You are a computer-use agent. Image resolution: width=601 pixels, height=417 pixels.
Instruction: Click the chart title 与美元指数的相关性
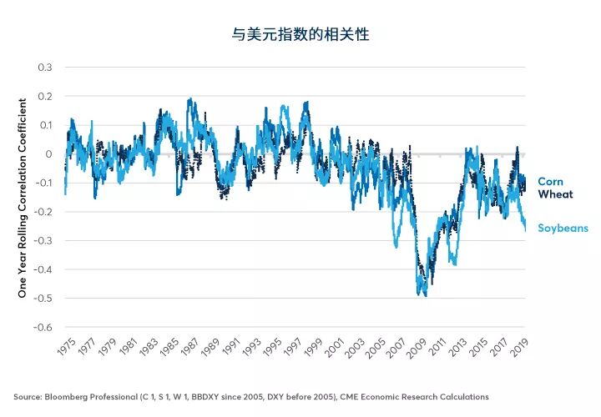click(x=300, y=35)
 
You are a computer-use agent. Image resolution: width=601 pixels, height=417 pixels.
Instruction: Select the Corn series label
click(x=551, y=181)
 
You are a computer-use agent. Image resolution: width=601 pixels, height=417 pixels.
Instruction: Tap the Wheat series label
click(x=555, y=194)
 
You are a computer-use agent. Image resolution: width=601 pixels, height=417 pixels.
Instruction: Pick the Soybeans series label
click(x=563, y=228)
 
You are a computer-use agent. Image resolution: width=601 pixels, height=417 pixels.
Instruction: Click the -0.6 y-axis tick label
click(x=43, y=328)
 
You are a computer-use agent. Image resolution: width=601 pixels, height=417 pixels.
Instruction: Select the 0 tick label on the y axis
click(x=49, y=154)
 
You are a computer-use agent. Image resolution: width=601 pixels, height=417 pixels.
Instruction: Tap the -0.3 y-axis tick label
click(x=43, y=241)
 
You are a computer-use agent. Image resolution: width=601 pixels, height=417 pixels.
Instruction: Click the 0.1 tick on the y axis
click(x=45, y=125)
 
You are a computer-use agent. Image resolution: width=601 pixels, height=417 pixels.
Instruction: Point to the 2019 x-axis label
click(x=518, y=349)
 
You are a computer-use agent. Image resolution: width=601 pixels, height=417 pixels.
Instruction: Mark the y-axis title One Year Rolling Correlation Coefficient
click(x=23, y=198)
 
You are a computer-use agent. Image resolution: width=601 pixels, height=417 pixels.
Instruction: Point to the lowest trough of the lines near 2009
click(x=424, y=294)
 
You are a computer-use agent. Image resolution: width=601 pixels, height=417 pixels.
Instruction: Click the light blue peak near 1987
click(x=190, y=100)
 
